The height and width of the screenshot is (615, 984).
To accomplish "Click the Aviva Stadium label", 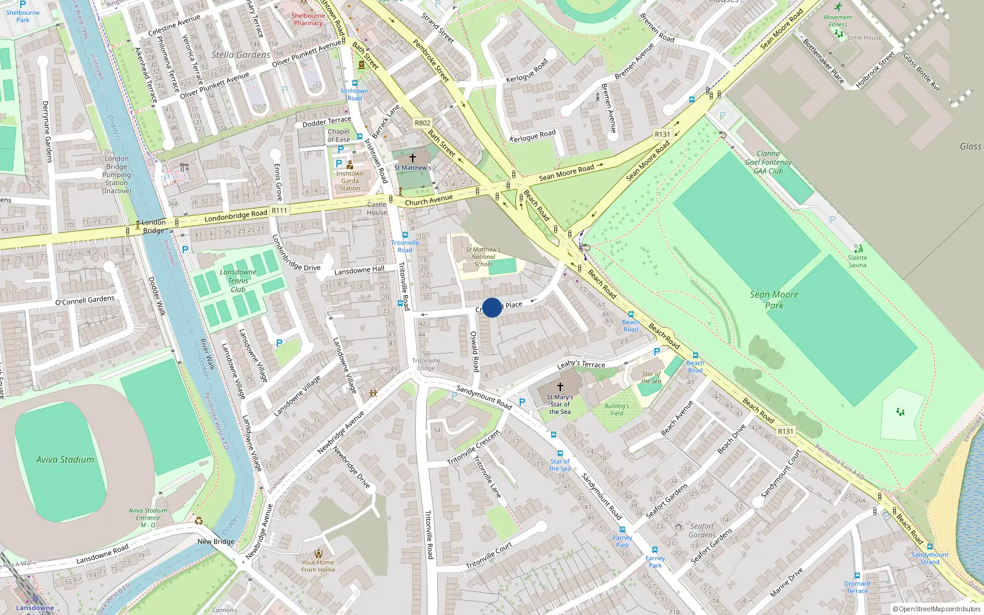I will click(x=65, y=459).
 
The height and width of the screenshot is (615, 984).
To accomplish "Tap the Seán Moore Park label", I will click(x=774, y=300).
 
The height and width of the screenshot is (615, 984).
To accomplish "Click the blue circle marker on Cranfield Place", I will click(x=492, y=307).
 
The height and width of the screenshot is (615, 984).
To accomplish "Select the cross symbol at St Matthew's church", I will click(x=413, y=158).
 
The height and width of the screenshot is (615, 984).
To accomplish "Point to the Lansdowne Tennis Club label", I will click(x=238, y=280).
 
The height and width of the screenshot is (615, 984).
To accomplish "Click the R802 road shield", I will click(x=423, y=123).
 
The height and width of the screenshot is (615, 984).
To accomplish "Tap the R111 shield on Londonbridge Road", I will click(x=280, y=210).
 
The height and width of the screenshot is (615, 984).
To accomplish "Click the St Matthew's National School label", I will click(x=483, y=257).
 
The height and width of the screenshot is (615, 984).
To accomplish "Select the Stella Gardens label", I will click(x=240, y=55).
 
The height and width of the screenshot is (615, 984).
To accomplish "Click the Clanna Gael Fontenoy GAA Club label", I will click(x=768, y=162).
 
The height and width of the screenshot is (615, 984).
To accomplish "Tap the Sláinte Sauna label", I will click(x=857, y=261).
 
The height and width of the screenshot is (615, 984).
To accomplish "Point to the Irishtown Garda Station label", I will click(x=350, y=181).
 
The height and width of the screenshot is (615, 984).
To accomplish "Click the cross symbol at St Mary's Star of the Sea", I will click(x=560, y=387).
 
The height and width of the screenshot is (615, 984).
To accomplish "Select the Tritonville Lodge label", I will click(x=426, y=364).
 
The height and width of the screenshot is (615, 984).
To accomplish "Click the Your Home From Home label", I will click(x=318, y=566).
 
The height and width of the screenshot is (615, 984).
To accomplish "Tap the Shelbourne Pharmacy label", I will click(x=308, y=19).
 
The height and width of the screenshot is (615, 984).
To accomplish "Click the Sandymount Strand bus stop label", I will click(x=930, y=558).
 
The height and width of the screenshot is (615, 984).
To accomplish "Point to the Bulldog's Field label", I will click(x=616, y=410).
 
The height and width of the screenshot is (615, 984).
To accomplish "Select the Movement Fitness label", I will click(x=838, y=21).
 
